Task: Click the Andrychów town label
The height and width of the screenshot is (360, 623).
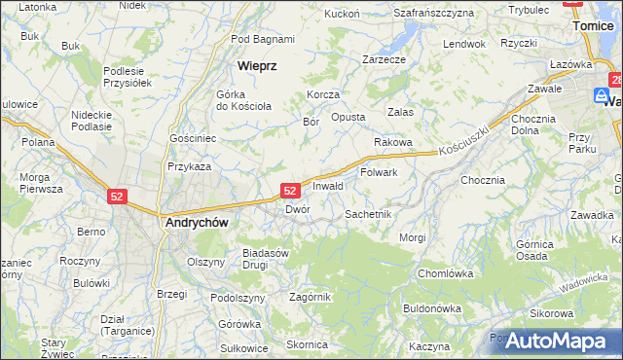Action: (x=194, y=222)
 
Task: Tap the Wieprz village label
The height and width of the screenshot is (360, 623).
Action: (x=257, y=66)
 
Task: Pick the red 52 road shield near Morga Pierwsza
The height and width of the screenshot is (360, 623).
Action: (x=118, y=197)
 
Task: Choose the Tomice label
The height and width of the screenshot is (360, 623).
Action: (x=594, y=26)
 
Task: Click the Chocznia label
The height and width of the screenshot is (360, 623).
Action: (x=483, y=180)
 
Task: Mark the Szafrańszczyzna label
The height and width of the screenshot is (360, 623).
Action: (x=434, y=13)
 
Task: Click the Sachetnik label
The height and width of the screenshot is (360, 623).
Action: (x=368, y=213)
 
